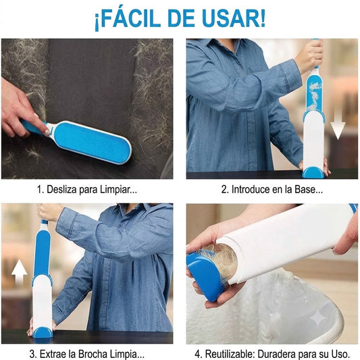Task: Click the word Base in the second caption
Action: coord(304,190)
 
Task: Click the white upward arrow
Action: coord(20,272)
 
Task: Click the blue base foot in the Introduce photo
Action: coord(313,173)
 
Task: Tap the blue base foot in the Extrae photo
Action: coord(43,332)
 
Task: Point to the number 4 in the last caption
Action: coord(197,354)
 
